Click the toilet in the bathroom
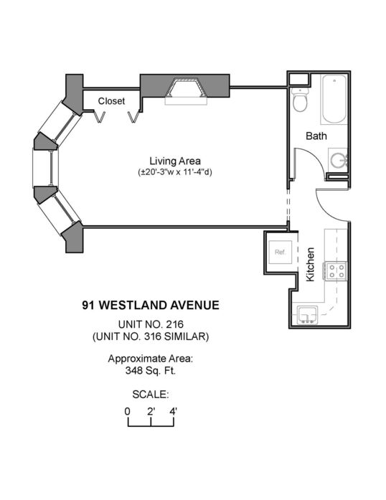point(300,99)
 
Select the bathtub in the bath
point(334,99)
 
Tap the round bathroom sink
point(339,160)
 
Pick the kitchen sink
point(307,316)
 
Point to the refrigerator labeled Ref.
point(280,253)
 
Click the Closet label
point(111,101)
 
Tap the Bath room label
point(316,136)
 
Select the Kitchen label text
point(310,265)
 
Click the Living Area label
point(175,161)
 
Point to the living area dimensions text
point(175,172)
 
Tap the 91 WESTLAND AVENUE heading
point(151,305)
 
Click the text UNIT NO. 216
point(151,324)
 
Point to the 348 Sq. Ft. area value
point(151,371)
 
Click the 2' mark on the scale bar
point(151,411)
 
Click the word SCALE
point(150,395)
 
